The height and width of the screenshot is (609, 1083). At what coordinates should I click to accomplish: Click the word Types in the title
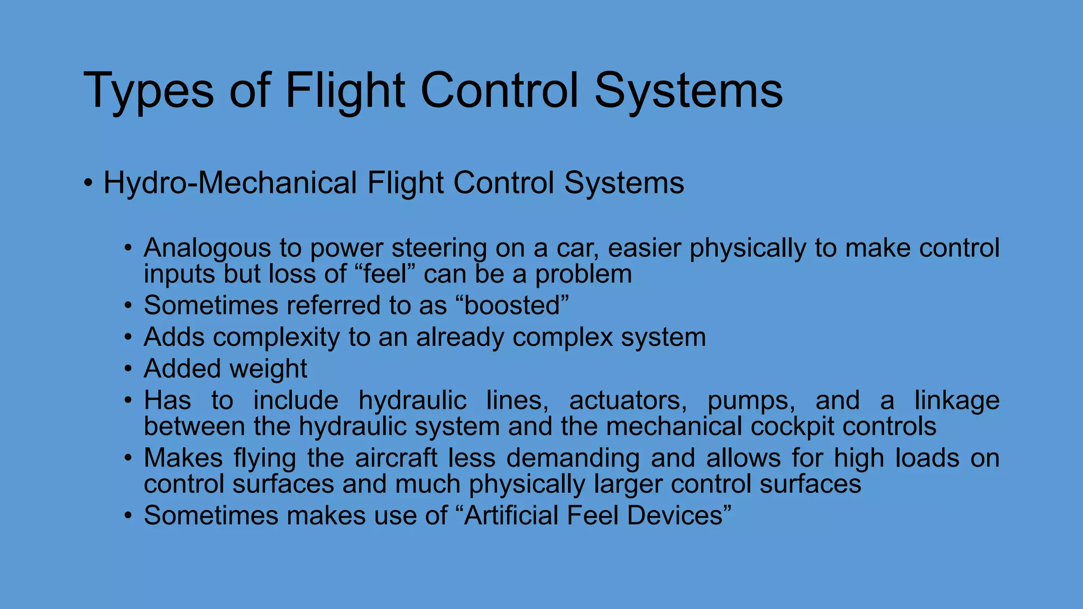[x=149, y=91]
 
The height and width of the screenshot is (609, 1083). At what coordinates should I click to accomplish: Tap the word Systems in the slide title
[x=689, y=91]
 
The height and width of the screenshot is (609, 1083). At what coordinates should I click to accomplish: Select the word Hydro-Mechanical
[x=230, y=183]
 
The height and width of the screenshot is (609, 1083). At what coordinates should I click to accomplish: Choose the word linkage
[x=957, y=400]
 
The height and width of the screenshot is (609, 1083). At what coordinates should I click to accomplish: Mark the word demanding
[x=573, y=458]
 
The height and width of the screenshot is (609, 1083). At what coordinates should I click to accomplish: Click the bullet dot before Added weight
[x=128, y=369]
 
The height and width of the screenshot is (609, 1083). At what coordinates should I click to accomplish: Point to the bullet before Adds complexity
[x=128, y=337]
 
